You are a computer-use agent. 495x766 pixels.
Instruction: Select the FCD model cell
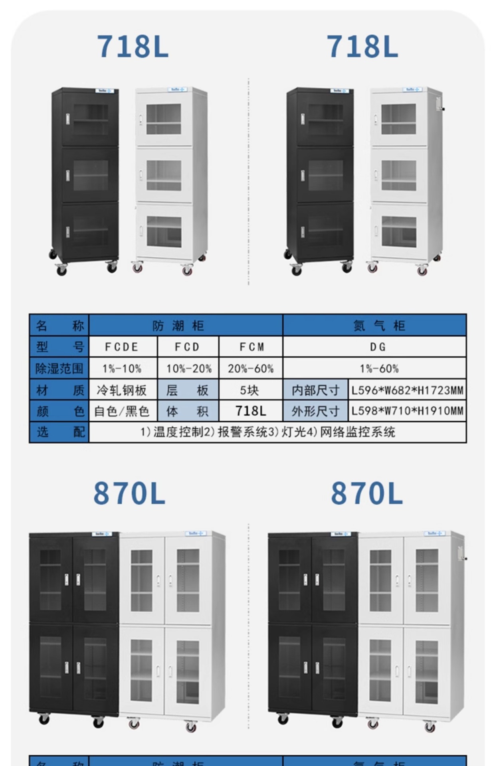tap(188, 347)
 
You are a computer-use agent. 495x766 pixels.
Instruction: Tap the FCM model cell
tap(251, 347)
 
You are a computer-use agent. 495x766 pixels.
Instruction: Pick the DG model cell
tap(374, 347)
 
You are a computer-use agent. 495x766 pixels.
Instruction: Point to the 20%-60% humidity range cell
tap(251, 368)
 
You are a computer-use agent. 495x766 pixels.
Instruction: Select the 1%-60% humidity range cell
tap(374, 368)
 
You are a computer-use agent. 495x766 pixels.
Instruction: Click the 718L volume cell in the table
tap(251, 411)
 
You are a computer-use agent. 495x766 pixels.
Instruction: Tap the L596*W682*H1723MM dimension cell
tap(407, 390)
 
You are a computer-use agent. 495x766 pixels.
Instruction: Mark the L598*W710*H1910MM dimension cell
tap(407, 411)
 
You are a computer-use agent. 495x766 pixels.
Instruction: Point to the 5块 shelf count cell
tap(251, 390)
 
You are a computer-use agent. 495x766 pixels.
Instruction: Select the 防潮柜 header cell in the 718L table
tap(186, 326)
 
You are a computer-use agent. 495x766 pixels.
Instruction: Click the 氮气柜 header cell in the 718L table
tap(374, 326)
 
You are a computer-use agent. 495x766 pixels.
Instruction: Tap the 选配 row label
tap(59, 432)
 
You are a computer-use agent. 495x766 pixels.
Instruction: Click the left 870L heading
tap(129, 494)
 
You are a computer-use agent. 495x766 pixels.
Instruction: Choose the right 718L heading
tap(362, 47)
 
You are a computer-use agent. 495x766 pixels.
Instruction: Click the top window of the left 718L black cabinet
tap(91, 119)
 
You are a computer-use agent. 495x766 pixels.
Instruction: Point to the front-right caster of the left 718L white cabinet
tap(187, 270)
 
